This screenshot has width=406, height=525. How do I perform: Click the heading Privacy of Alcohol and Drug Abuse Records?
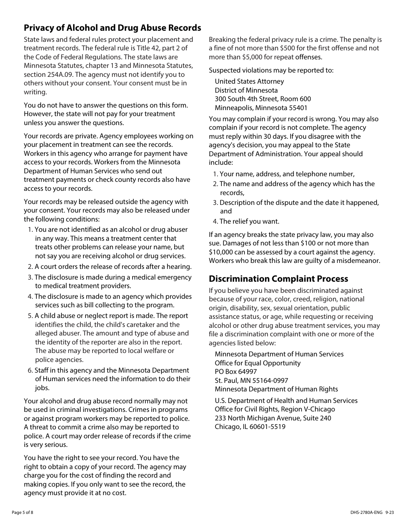112,28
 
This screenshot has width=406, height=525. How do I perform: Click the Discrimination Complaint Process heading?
278,279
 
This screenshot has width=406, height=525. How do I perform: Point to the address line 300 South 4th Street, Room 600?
263,99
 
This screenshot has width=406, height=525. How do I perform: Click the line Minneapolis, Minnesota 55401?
261,108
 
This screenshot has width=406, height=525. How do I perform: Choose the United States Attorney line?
249,82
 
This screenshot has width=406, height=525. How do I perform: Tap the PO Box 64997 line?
235,372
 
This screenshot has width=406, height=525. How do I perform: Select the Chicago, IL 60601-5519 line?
250,427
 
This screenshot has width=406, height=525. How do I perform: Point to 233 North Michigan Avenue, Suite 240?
273,418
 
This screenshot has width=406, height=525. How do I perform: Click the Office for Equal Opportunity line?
257,363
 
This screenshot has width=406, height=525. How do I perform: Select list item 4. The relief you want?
246,222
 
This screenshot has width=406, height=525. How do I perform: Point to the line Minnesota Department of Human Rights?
276,389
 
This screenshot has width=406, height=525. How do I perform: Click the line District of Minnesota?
246,90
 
